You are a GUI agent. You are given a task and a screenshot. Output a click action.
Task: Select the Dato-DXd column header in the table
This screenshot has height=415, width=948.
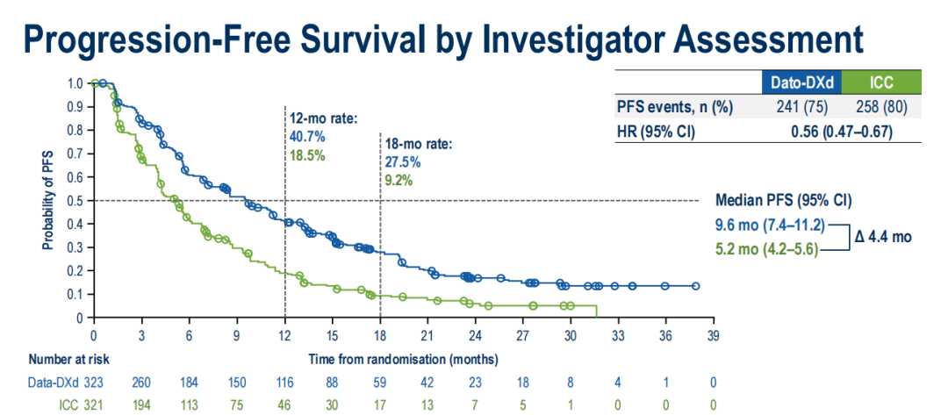(801, 83)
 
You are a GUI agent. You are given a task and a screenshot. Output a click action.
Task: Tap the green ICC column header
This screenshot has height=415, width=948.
(881, 83)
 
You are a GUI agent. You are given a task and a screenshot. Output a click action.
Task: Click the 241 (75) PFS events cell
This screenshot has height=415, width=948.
(801, 107)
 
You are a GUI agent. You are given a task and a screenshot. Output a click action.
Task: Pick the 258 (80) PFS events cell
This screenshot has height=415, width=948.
(881, 107)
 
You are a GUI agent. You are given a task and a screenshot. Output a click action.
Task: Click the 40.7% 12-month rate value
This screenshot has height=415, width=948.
(307, 137)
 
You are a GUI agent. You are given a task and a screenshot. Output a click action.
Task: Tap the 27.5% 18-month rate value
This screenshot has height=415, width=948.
(402, 162)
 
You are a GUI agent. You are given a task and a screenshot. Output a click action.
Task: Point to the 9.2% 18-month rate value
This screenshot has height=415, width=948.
(399, 182)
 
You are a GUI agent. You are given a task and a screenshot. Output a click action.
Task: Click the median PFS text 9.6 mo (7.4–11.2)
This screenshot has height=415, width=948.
(769, 224)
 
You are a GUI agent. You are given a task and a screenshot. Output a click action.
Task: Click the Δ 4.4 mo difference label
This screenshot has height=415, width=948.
(883, 236)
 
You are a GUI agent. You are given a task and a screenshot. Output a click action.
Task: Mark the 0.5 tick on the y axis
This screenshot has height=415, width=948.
(76, 201)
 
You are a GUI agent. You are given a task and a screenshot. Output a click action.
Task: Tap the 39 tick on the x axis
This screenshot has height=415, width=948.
(713, 334)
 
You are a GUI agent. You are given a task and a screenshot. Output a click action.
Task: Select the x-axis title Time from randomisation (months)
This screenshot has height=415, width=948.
(404, 359)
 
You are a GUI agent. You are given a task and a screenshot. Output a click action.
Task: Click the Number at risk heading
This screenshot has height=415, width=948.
(66, 359)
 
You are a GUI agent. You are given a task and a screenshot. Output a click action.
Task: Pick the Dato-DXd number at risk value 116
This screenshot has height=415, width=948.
(284, 382)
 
